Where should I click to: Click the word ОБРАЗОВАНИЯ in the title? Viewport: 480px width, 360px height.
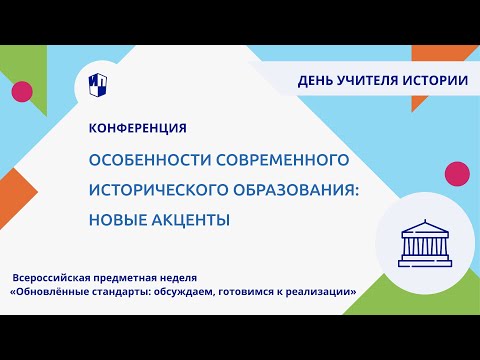point(311,190)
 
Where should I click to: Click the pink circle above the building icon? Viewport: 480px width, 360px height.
point(458,172)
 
